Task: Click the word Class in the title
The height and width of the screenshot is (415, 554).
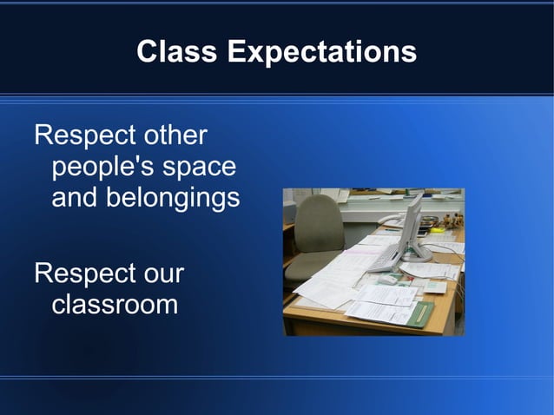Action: (177, 52)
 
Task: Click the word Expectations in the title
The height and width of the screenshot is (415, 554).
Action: (322, 53)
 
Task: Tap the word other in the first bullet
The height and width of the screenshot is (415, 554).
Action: (176, 136)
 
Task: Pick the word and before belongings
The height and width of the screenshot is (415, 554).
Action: (75, 198)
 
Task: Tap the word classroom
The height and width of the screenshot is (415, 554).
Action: (115, 305)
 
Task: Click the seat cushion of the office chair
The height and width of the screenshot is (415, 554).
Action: (310, 266)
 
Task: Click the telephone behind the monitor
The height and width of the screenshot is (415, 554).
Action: (393, 219)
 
